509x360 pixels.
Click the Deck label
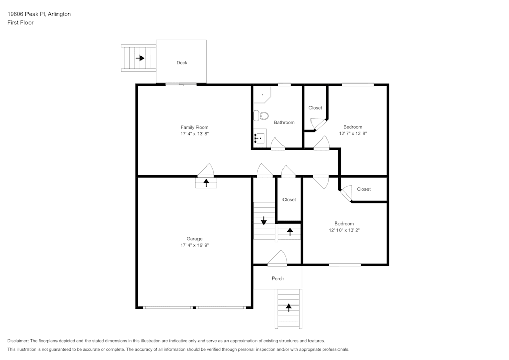[x=182, y=63]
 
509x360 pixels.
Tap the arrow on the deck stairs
[x=140, y=58]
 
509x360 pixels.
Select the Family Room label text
[x=194, y=127]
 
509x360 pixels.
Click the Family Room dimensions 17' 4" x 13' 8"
[x=194, y=134]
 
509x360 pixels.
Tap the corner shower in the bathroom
[x=263, y=94]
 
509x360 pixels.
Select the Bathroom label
[x=284, y=122]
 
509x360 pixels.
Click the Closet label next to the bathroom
[x=315, y=108]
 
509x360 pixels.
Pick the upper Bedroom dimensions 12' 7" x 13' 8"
[x=353, y=133]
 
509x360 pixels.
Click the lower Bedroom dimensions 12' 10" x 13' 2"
[x=344, y=230]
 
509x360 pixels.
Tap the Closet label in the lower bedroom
[x=363, y=189]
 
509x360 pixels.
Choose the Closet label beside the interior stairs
[x=289, y=200]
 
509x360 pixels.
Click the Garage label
[x=194, y=239]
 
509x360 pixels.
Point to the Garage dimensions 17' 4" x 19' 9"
[x=194, y=245]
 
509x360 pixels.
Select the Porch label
[x=278, y=279]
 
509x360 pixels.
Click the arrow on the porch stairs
[x=289, y=308]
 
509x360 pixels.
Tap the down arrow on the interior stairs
[x=264, y=221]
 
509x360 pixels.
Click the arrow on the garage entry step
[x=206, y=183]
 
